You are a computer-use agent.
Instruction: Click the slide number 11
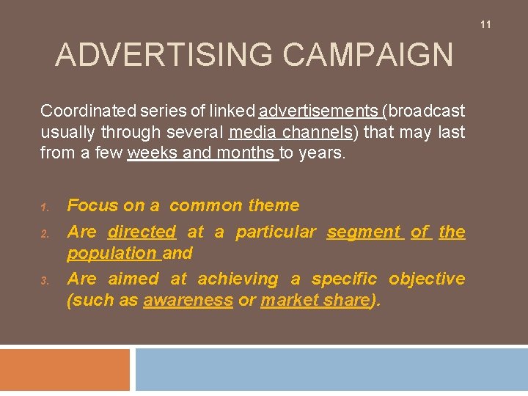point(485,25)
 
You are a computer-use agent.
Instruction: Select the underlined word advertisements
point(319,111)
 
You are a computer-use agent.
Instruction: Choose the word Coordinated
point(88,111)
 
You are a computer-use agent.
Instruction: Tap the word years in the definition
point(323,154)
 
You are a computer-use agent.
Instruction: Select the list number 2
point(44,234)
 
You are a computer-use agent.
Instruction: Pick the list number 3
point(44,281)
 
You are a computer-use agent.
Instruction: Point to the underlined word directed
point(142,232)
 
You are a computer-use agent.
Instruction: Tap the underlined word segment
point(364,232)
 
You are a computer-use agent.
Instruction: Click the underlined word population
point(112,254)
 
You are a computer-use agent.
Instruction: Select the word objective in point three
point(427,279)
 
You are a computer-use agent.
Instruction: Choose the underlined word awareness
point(188,301)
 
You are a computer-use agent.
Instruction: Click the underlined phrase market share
point(315,301)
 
